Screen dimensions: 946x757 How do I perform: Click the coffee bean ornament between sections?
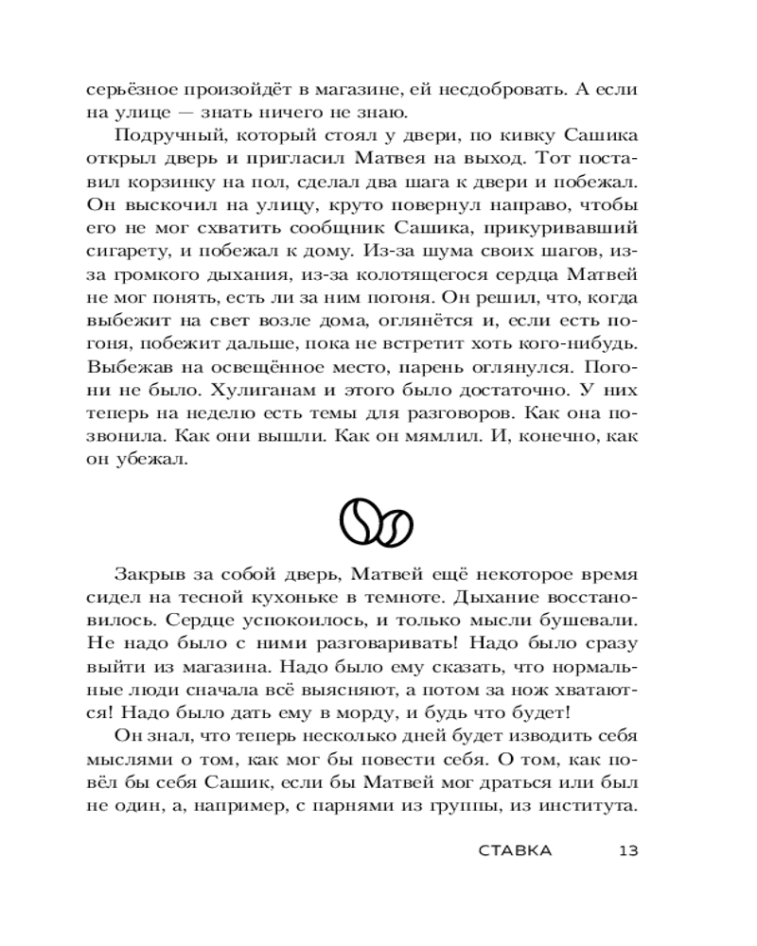click(x=378, y=520)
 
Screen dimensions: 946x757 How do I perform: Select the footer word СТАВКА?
click(x=515, y=850)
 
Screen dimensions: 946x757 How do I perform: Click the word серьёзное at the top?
click(x=130, y=91)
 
